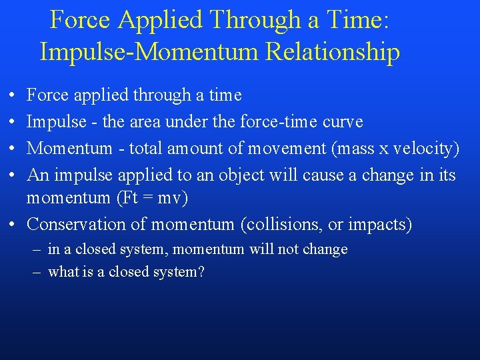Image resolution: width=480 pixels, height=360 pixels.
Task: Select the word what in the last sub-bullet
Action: click(63, 272)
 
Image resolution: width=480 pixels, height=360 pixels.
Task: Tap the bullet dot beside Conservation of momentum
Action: click(13, 225)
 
